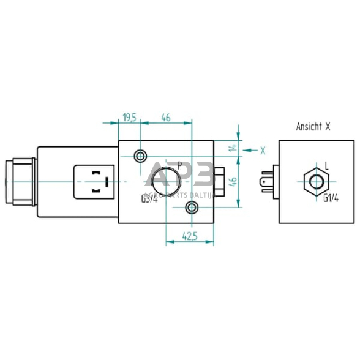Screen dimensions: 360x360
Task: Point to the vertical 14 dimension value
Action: pyautogui.click(x=232, y=147)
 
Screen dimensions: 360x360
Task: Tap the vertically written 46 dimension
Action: pyautogui.click(x=232, y=181)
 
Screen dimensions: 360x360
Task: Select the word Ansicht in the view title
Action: pyautogui.click(x=308, y=127)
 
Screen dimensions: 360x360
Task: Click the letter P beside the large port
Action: pyautogui.click(x=179, y=165)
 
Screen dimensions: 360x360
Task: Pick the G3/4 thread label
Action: pyautogui.click(x=149, y=198)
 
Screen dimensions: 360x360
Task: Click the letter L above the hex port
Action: pyautogui.click(x=326, y=165)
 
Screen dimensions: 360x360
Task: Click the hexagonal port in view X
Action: pyautogui.click(x=317, y=182)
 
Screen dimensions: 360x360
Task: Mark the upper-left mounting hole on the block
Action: pyautogui.click(x=141, y=156)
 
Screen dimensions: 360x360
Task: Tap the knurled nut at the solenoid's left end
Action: pyautogui.click(x=15, y=182)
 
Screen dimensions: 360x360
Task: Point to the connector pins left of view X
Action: pyautogui.click(x=266, y=182)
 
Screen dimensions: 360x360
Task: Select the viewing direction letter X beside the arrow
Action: pyautogui.click(x=262, y=149)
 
